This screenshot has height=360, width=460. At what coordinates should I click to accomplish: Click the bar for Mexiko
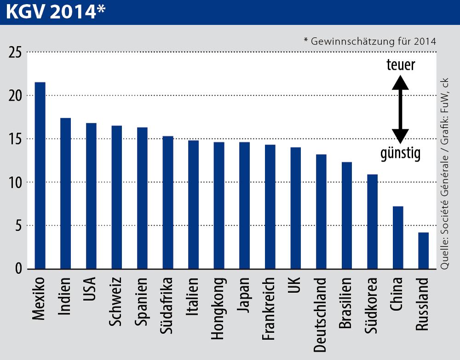pos(40,175)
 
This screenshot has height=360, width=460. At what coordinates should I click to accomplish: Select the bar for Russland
pos(423,250)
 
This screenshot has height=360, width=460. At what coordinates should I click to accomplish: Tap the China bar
pos(398,238)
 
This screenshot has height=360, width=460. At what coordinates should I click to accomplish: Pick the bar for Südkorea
pos(372,221)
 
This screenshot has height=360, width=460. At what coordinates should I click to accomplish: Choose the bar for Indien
pos(66,193)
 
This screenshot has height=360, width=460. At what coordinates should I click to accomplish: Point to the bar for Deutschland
pos(321,211)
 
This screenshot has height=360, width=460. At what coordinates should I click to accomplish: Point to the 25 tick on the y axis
pos(15,52)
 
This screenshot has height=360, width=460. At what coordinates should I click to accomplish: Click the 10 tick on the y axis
pos(15,182)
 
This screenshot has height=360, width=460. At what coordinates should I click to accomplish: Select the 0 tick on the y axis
pos(18,269)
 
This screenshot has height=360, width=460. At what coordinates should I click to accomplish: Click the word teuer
pos(400,65)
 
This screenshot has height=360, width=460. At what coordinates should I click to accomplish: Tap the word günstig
pos(400,154)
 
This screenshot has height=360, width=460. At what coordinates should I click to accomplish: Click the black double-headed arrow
pos(400,109)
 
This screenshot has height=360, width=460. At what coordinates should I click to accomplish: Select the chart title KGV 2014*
pos(55,12)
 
